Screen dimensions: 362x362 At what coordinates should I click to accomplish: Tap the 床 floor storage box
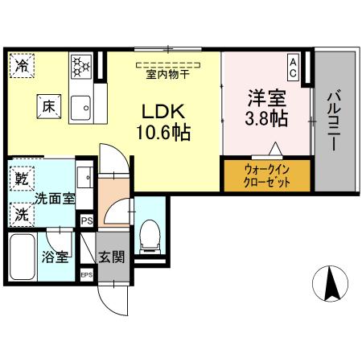[x=47, y=105]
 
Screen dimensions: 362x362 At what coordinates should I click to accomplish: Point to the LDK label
[x=166, y=112]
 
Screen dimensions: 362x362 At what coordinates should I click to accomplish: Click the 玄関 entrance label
[x=111, y=259]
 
